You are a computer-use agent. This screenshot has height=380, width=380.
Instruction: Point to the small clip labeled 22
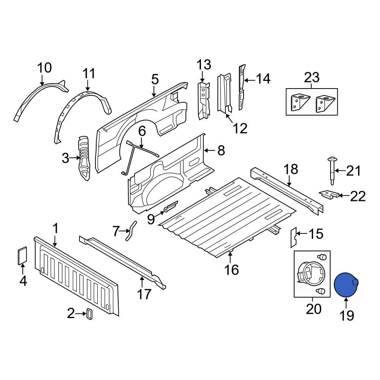click(x=329, y=194)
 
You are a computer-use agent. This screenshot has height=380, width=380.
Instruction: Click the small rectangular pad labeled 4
click(x=22, y=255)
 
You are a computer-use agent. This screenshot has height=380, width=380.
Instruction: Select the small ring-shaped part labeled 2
click(x=90, y=314)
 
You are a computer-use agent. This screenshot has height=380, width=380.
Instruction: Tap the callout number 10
click(x=44, y=68)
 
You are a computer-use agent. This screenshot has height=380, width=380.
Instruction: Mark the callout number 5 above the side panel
click(x=155, y=79)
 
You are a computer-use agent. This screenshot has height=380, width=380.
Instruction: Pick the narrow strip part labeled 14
click(x=241, y=87)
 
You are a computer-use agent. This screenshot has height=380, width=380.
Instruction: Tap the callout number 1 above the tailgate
click(x=55, y=229)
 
